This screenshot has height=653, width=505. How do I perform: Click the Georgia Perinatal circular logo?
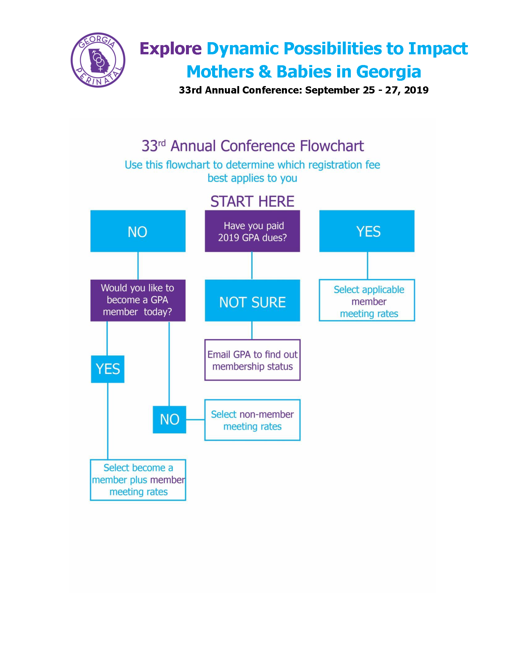coord(98,60)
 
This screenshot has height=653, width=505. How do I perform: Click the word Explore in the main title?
coord(171,49)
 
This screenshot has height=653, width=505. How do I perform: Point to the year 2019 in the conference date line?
coord(416,90)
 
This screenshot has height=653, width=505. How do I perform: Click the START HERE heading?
coord(252,201)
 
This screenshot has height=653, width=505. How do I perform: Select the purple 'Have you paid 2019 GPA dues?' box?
coord(252,231)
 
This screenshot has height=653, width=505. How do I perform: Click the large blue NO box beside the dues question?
coord(138,231)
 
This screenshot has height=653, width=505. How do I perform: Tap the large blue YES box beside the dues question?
coord(367,231)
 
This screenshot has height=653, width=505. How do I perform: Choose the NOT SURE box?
coord(252,300)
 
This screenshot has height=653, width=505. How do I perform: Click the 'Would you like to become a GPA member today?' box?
coord(138,300)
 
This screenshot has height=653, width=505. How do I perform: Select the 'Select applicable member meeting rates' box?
coord(367,300)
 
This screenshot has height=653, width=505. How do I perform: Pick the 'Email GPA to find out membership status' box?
coord(252,360)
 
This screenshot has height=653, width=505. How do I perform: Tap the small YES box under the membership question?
coord(108,369)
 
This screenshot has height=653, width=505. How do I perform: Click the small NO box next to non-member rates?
coord(169,419)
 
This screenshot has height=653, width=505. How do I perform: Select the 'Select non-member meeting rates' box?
coord(252,420)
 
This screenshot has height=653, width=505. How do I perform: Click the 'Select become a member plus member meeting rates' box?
coord(138,480)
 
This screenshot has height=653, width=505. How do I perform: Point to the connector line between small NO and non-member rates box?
coord(195,419)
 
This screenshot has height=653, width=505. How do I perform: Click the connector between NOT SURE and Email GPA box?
coord(252,330)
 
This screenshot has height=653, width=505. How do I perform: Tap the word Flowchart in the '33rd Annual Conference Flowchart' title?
coord(332,146)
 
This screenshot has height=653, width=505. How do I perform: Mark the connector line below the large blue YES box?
coord(367,266)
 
